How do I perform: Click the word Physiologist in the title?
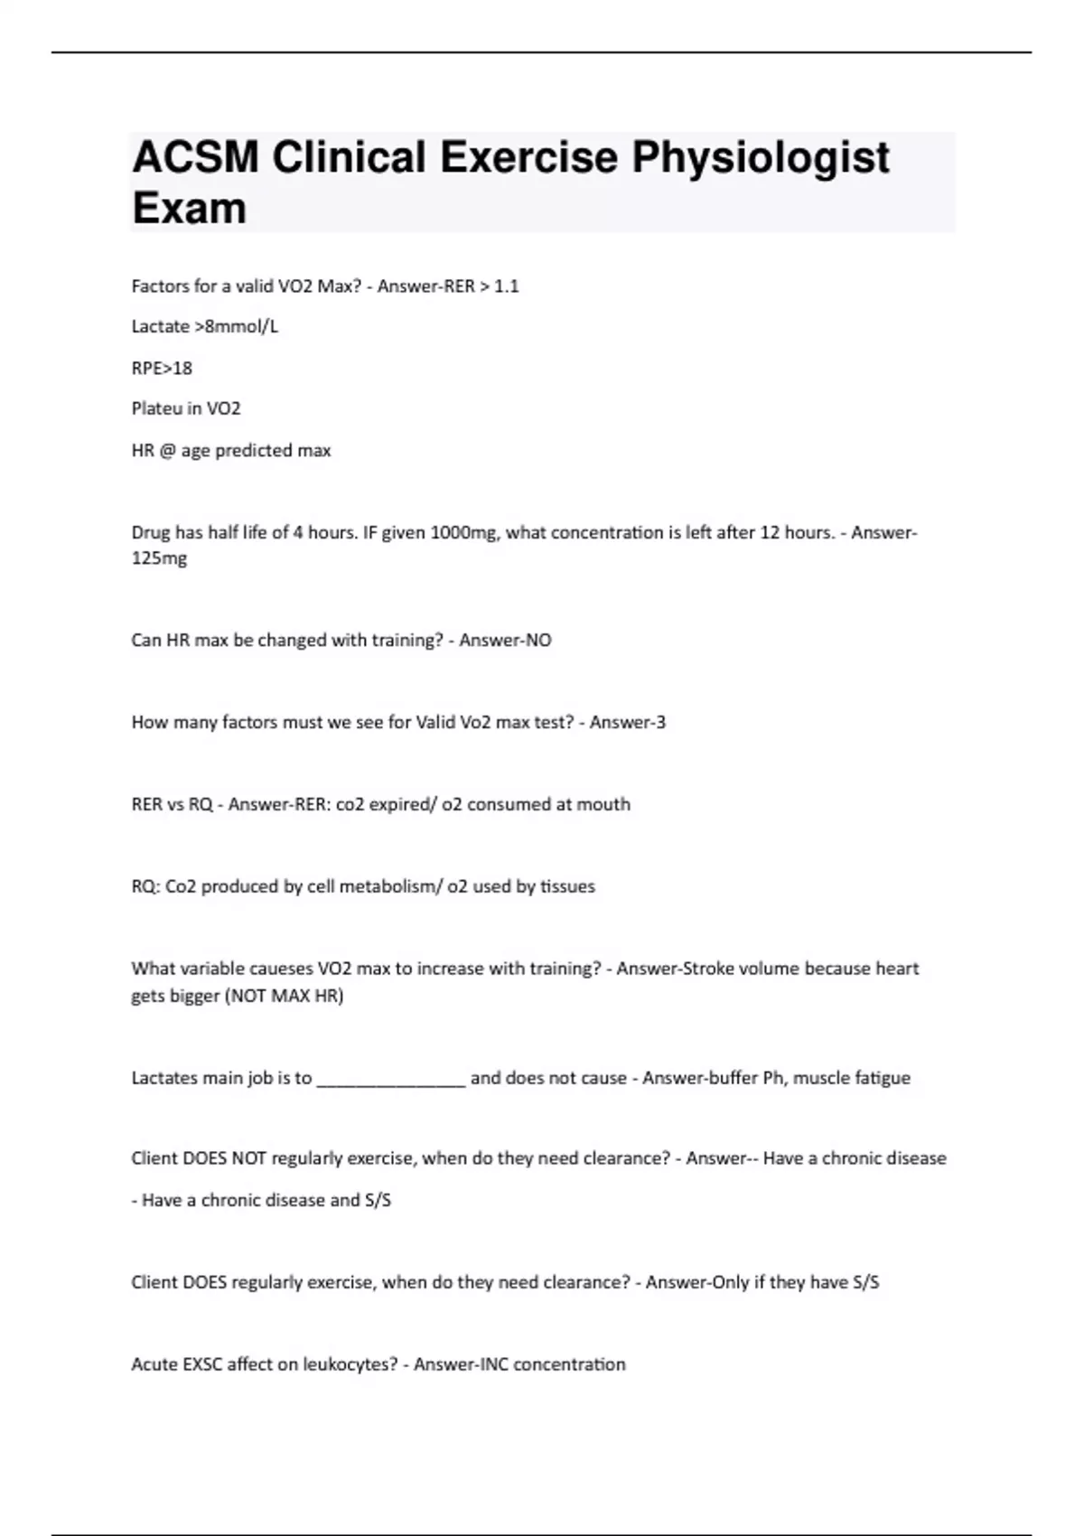tap(760, 158)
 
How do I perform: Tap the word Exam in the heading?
tap(189, 209)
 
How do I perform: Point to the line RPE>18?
tap(162, 369)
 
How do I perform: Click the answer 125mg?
tap(159, 558)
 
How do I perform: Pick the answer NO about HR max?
tap(538, 641)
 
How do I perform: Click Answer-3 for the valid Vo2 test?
tap(627, 723)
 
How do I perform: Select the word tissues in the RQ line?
tap(567, 886)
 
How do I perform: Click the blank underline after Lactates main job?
tap(391, 1079)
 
